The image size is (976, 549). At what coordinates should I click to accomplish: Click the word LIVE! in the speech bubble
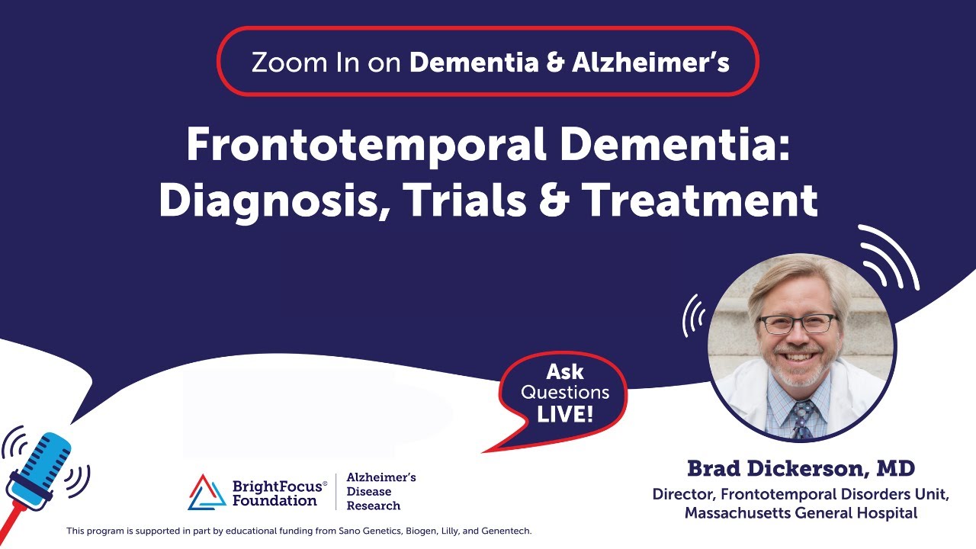click(x=565, y=415)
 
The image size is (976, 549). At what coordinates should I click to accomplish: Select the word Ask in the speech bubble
click(x=565, y=372)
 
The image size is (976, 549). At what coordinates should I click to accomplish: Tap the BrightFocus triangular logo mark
click(x=207, y=491)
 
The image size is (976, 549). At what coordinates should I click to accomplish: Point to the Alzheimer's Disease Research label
click(x=380, y=491)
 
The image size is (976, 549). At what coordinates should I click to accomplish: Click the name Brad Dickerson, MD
click(x=801, y=467)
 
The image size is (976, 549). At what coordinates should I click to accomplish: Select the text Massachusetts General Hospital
click(x=801, y=513)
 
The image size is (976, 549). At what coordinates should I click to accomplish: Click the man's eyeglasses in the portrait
click(x=798, y=323)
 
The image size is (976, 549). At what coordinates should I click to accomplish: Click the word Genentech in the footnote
click(x=507, y=531)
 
